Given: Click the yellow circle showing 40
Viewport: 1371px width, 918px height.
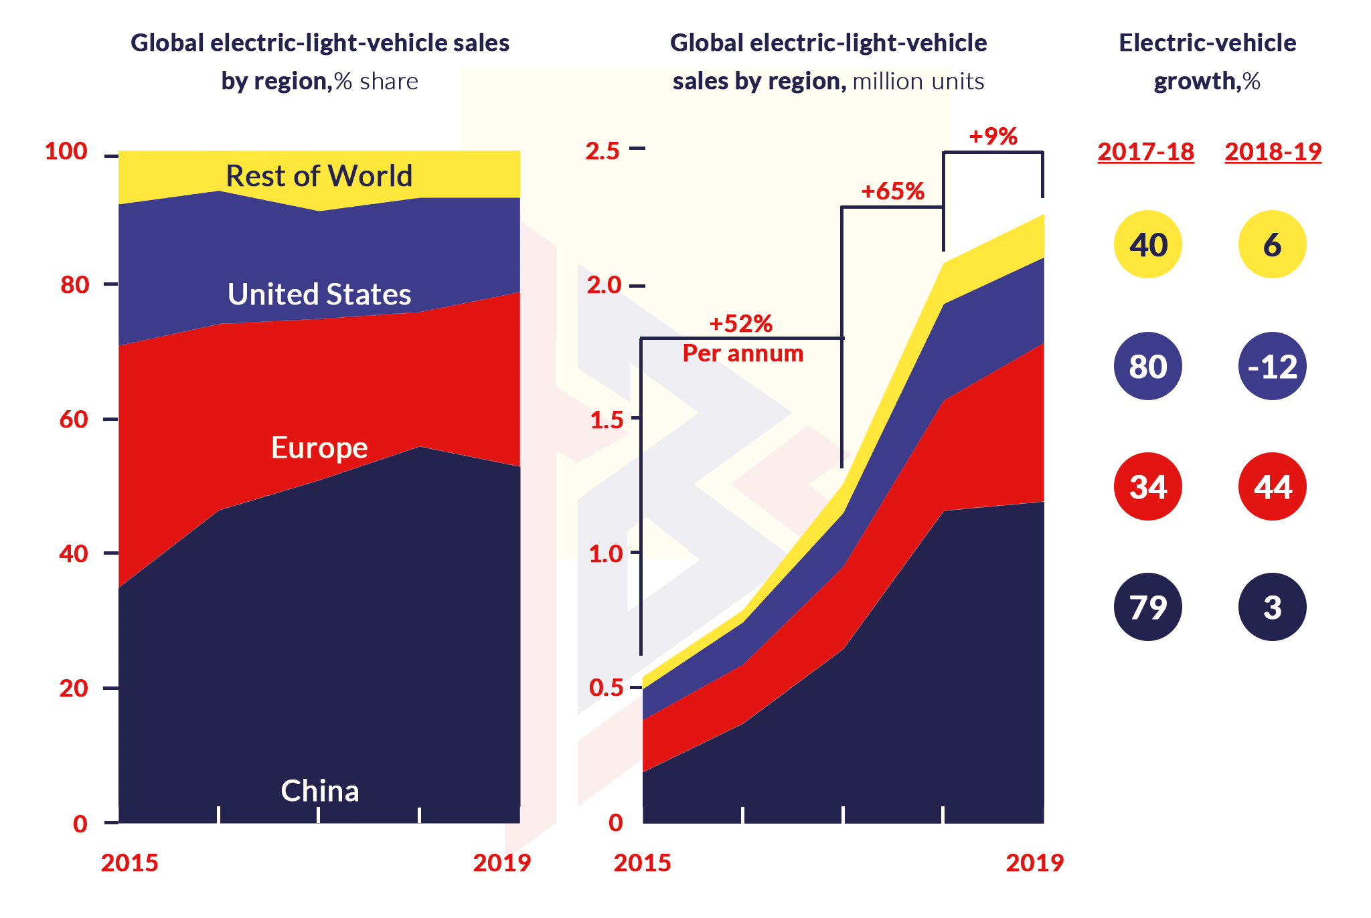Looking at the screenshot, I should tap(1147, 244).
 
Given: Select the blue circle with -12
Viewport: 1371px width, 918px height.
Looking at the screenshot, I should tap(1272, 366).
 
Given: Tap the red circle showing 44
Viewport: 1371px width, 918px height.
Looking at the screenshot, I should tap(1272, 486).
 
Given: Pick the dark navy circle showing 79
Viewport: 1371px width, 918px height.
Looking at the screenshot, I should tap(1147, 607).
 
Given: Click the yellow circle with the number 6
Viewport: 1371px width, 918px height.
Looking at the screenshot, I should tap(1272, 244).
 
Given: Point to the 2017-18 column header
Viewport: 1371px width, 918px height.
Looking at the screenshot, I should tap(1145, 151).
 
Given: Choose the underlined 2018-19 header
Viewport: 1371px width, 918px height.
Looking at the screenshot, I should tap(1273, 151).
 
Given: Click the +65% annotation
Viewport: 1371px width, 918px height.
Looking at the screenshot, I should tap(892, 191).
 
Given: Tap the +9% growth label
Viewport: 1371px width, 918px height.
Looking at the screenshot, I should tap(993, 136).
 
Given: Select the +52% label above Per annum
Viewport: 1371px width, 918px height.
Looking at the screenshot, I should tap(740, 324).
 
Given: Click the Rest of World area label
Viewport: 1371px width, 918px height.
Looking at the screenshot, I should tap(319, 176).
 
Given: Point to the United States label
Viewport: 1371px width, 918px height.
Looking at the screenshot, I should tap(319, 294).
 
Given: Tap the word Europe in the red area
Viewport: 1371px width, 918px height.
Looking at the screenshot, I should tap(319, 448).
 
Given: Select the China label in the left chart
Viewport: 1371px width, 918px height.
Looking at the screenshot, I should tap(319, 791).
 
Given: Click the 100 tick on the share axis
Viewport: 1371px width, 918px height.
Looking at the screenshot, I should tap(66, 151).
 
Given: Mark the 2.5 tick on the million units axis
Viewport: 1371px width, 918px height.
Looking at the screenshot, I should tap(603, 151).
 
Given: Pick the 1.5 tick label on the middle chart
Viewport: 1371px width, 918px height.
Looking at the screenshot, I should tap(605, 420).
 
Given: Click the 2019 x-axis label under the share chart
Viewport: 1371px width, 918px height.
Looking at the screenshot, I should tap(501, 863).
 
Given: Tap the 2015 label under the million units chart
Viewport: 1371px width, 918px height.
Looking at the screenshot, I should tap(642, 863).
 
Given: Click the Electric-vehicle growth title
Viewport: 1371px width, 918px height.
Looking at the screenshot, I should tap(1207, 62).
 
